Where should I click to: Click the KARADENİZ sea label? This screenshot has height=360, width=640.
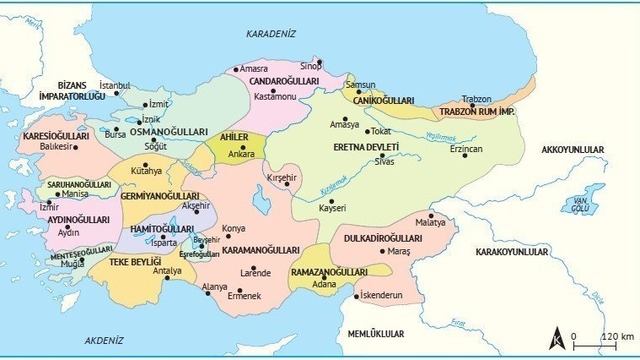click(272, 33)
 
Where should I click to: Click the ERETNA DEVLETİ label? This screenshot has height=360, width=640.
click(365, 147)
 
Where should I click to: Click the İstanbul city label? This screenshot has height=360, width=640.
click(115, 86)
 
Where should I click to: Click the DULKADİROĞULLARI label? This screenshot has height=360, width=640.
click(385, 239)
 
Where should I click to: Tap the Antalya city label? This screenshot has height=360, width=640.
click(167, 271)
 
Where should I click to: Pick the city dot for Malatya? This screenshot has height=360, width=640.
click(431, 216)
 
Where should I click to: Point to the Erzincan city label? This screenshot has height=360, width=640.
click(466, 148)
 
